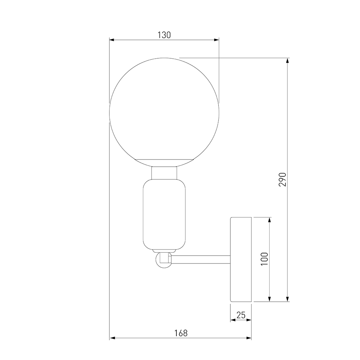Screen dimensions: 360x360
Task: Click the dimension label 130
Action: (164, 35)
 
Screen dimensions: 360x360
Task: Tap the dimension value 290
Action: (283, 179)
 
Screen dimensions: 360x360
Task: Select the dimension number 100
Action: (265, 259)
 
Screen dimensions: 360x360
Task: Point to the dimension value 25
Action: (241, 315)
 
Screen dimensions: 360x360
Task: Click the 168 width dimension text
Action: (181, 333)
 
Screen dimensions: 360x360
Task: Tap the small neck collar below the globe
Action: (164, 173)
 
